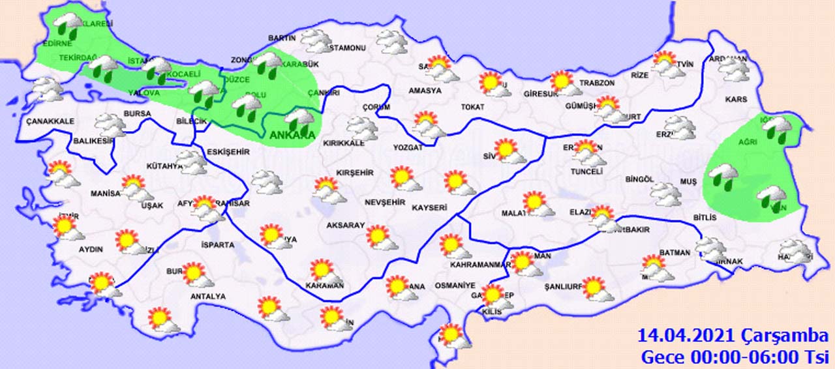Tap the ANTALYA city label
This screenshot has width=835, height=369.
(x=207, y=297)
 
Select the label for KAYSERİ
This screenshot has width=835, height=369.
(x=429, y=208)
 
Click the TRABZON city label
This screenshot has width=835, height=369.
(x=597, y=83)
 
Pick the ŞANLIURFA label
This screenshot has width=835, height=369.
(x=562, y=286)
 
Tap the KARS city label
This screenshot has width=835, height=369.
(x=735, y=100)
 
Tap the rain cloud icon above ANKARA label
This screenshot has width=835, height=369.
(x=300, y=120)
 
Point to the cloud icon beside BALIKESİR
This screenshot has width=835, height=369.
(x=110, y=125)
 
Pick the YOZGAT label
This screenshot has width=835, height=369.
(x=408, y=148)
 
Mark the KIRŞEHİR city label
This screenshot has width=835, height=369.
(x=354, y=173)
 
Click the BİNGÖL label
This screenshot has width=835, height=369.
(x=639, y=179)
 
